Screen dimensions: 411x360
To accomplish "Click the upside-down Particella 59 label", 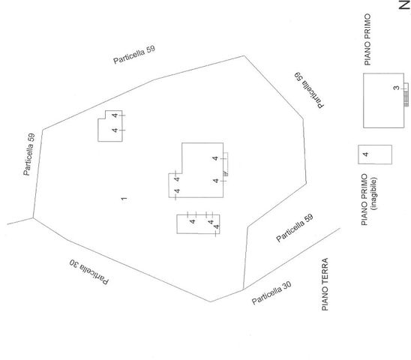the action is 309,90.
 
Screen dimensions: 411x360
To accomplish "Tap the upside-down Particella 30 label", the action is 88,272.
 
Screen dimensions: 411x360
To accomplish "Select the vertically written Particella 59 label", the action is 29,154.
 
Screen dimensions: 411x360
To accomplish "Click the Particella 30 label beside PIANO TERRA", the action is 271,293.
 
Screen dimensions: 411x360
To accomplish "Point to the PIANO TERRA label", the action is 325,284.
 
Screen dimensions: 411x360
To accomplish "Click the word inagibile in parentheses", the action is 374,193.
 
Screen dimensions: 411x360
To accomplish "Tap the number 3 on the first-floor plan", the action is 396,88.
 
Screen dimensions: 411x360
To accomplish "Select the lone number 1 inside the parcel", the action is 124,199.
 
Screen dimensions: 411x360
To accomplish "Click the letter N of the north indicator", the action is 405,5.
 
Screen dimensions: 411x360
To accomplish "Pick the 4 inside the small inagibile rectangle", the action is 366,154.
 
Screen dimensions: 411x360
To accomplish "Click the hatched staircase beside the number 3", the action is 406,98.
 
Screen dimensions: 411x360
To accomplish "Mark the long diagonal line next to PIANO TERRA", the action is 292,259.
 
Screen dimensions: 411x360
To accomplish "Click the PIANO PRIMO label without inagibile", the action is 367,40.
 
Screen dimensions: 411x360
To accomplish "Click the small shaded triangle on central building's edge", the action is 225,173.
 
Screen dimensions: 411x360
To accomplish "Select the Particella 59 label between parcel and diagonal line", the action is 295,228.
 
